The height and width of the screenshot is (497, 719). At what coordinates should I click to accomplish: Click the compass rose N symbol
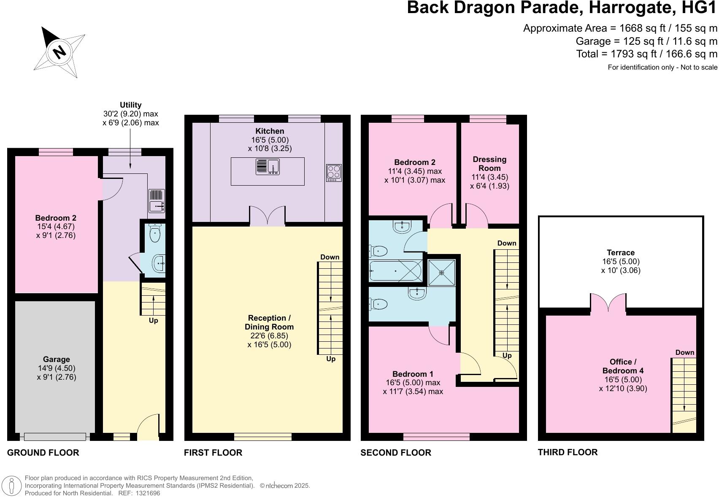click(59, 52)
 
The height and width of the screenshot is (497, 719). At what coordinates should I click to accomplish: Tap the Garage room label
click(56, 359)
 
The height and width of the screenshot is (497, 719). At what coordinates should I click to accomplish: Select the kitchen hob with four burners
click(334, 173)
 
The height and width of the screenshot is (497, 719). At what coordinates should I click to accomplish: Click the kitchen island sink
click(268, 166)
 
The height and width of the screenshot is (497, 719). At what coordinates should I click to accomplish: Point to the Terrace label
click(621, 253)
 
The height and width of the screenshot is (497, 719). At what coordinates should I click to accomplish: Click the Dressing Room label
click(489, 163)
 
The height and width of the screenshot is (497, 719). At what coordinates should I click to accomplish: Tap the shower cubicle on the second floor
click(442, 272)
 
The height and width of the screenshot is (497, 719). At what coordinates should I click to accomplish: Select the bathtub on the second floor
click(395, 271)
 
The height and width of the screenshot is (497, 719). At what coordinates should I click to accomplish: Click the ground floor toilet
click(155, 234)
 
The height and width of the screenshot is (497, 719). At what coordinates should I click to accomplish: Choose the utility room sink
click(157, 201)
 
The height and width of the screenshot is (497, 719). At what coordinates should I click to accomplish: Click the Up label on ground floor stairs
click(153, 321)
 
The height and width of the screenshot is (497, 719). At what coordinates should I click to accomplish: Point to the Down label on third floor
click(684, 353)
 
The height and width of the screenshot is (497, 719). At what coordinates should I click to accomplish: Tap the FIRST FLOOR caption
click(213, 453)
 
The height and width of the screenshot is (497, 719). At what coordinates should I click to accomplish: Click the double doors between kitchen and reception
click(268, 216)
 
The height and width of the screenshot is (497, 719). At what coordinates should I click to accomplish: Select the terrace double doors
click(608, 305)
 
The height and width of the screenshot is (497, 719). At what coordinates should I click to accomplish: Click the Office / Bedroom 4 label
click(623, 366)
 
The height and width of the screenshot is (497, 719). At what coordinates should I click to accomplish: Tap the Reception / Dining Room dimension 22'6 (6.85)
click(269, 336)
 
